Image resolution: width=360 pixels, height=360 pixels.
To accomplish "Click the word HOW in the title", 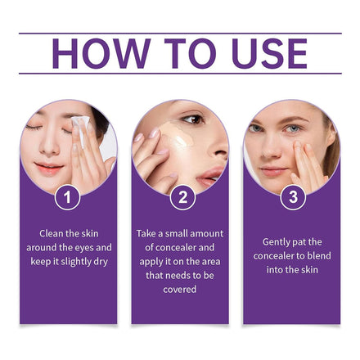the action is pos(101,53).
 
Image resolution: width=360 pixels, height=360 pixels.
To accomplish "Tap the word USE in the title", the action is pos(270,53).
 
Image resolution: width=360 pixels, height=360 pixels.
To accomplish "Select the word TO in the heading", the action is pos(190,53).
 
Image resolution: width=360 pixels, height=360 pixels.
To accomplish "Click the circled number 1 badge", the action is pos(67,197).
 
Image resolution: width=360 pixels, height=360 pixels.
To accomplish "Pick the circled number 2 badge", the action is pos(182,197).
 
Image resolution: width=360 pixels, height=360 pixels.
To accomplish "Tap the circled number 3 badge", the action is pos(293,197).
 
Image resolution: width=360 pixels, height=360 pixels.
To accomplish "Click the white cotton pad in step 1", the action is pos(81,128).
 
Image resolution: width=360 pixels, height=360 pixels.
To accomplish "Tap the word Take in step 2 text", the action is pos(146,233).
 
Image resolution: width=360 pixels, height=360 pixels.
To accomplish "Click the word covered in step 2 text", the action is pos(180,289).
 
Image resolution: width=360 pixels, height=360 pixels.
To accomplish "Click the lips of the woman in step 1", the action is pos(49,168).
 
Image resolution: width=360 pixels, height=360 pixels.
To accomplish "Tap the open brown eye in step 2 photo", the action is pos(194,119).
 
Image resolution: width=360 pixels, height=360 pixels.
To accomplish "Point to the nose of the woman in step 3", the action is pos(270,149).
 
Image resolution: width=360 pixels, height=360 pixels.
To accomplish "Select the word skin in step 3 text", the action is pos(310,270).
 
